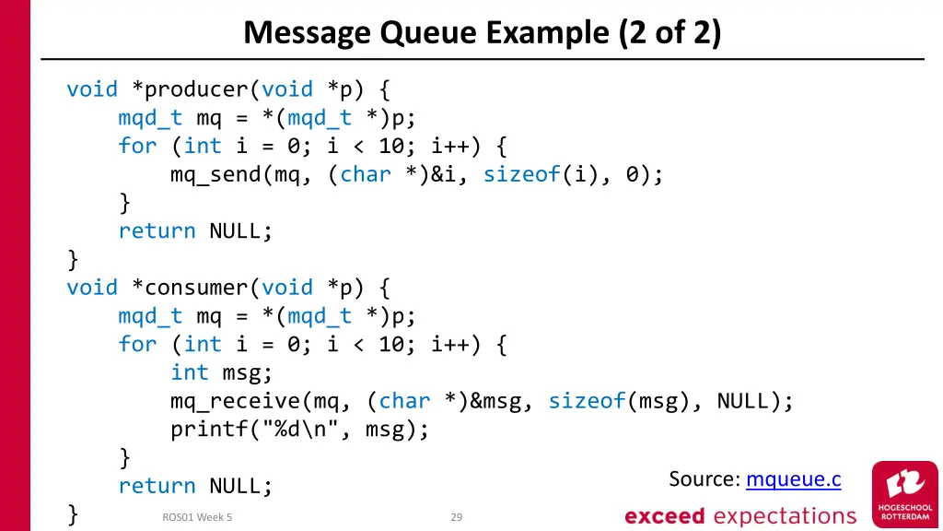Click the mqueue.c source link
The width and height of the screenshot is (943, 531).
click(793, 479)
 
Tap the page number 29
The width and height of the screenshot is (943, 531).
click(456, 517)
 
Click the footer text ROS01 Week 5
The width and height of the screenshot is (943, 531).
click(197, 517)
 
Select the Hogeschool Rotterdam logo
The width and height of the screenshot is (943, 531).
click(904, 493)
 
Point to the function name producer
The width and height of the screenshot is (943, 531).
click(196, 89)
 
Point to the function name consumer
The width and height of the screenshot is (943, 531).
click(196, 288)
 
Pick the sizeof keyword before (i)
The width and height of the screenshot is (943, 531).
click(522, 174)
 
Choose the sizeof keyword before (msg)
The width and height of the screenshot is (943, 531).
click(587, 401)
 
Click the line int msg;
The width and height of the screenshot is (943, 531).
click(222, 372)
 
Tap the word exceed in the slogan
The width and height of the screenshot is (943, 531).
click(664, 516)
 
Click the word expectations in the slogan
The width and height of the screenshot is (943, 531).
click(786, 516)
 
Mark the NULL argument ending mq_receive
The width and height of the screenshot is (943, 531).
click(742, 401)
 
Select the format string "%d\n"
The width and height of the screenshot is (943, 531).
click(307, 430)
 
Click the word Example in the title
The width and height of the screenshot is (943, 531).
click(551, 33)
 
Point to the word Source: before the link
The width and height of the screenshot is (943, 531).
click(704, 479)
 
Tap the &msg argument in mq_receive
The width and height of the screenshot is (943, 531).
click(495, 401)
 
